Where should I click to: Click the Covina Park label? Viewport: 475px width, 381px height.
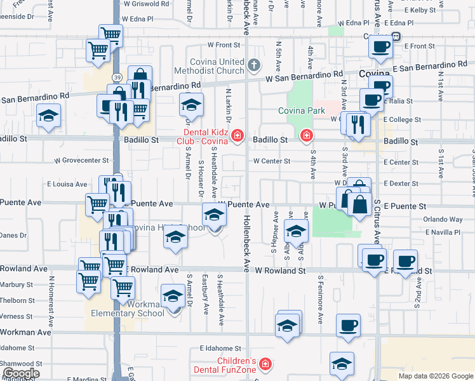point(301,110)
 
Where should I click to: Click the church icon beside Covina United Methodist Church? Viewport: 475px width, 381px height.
point(253,64)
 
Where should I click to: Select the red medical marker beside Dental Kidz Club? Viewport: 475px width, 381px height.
point(237,135)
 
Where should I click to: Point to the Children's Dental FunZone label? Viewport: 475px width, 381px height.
point(228,365)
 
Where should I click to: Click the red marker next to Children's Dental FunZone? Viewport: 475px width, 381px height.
point(265,365)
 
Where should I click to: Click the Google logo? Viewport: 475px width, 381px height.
point(20,373)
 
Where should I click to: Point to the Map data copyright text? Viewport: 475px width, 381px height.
point(436,376)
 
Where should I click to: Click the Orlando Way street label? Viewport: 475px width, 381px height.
point(443,219)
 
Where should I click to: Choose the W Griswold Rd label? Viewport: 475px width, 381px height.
point(147,3)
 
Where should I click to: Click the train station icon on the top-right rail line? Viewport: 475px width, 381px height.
point(395,36)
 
